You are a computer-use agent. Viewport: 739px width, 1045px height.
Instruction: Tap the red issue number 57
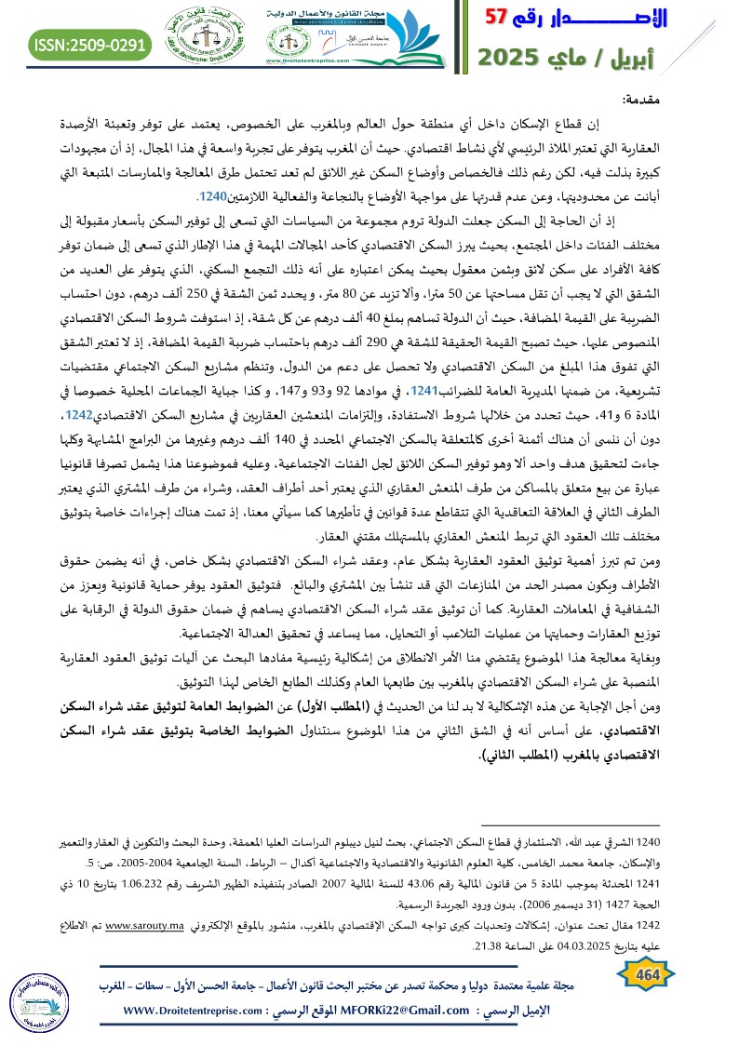click(502, 19)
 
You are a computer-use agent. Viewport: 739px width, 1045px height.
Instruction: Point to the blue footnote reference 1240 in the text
click(212, 198)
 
